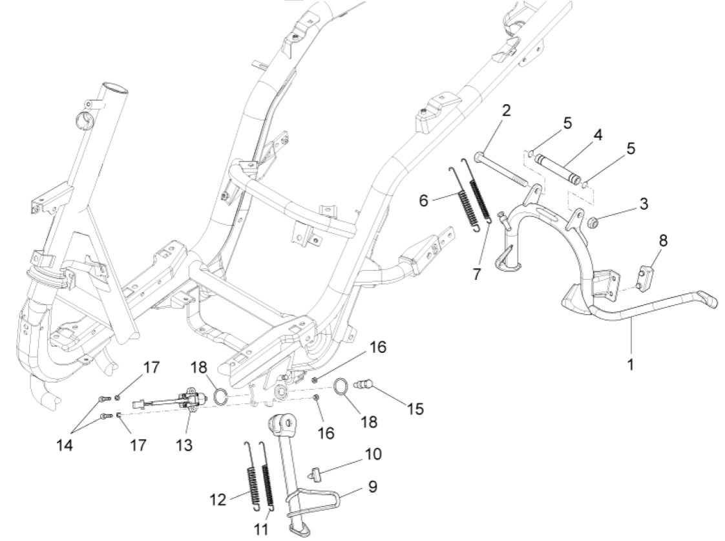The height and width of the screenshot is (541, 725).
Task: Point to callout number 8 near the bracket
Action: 664,241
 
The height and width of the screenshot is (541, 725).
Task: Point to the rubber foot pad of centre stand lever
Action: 708,298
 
